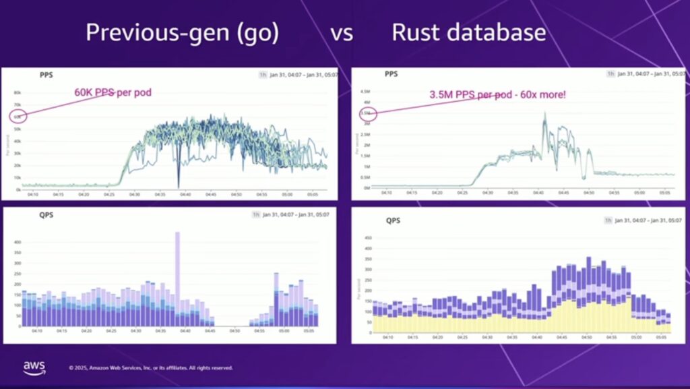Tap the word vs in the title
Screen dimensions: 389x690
point(342,33)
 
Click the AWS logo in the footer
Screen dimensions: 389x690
point(34,367)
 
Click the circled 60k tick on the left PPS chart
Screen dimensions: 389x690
point(18,117)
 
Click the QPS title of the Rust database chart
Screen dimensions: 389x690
point(393,220)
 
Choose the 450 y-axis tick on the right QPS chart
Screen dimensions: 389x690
point(368,238)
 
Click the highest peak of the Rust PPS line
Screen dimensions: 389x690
point(544,113)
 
